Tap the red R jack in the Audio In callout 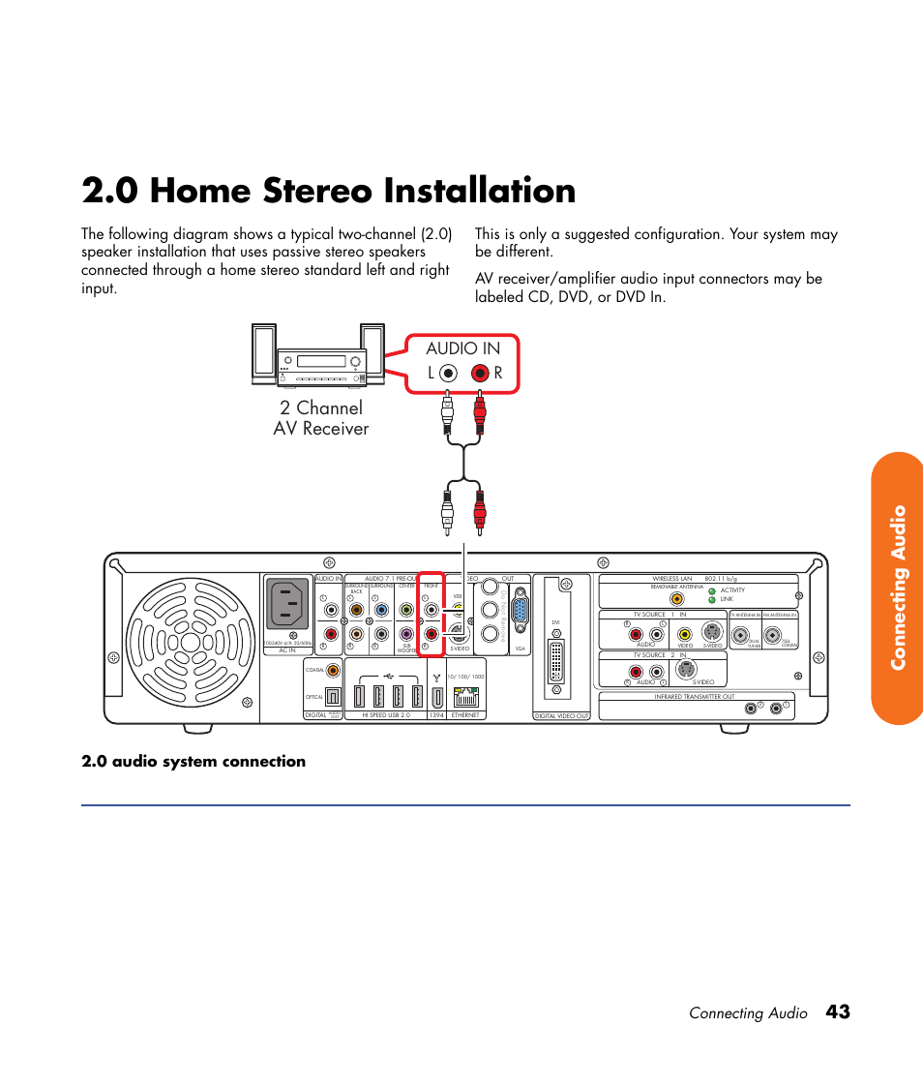(x=480, y=373)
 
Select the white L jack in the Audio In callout (x=447, y=373)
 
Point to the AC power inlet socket (x=287, y=605)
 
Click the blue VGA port (x=521, y=610)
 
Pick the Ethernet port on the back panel (x=465, y=695)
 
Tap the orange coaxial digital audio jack (x=333, y=669)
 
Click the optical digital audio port (x=332, y=696)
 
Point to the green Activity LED (x=711, y=589)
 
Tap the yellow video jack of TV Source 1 (x=685, y=635)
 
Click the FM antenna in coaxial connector (x=773, y=636)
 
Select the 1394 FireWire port (x=436, y=695)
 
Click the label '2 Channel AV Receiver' (x=320, y=418)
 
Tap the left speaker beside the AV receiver (x=263, y=352)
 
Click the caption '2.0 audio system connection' (x=194, y=762)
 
